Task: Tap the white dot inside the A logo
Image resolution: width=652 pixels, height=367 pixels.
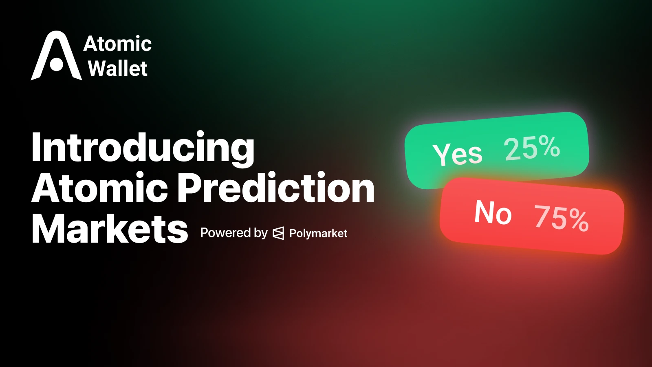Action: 57,64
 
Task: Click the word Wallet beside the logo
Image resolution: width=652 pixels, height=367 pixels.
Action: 118,69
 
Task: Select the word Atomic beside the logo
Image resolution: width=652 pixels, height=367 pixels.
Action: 117,44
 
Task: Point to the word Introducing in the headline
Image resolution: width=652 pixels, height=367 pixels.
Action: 143,148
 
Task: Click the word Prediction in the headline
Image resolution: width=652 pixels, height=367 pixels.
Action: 276,188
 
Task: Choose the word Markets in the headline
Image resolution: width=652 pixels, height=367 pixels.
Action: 110,229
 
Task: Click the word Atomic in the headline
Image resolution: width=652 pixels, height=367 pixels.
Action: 100,188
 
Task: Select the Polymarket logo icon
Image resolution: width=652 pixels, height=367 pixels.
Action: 278,233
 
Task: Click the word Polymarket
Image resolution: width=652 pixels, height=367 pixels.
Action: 318,233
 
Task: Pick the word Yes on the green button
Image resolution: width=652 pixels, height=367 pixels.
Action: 458,154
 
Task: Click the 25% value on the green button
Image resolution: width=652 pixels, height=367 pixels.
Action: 532,148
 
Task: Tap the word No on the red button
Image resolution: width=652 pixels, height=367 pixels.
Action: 493,212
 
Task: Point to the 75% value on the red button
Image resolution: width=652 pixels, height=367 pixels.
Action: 562,218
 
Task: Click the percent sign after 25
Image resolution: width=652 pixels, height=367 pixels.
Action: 548,146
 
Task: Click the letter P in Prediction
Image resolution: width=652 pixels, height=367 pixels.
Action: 191,188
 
